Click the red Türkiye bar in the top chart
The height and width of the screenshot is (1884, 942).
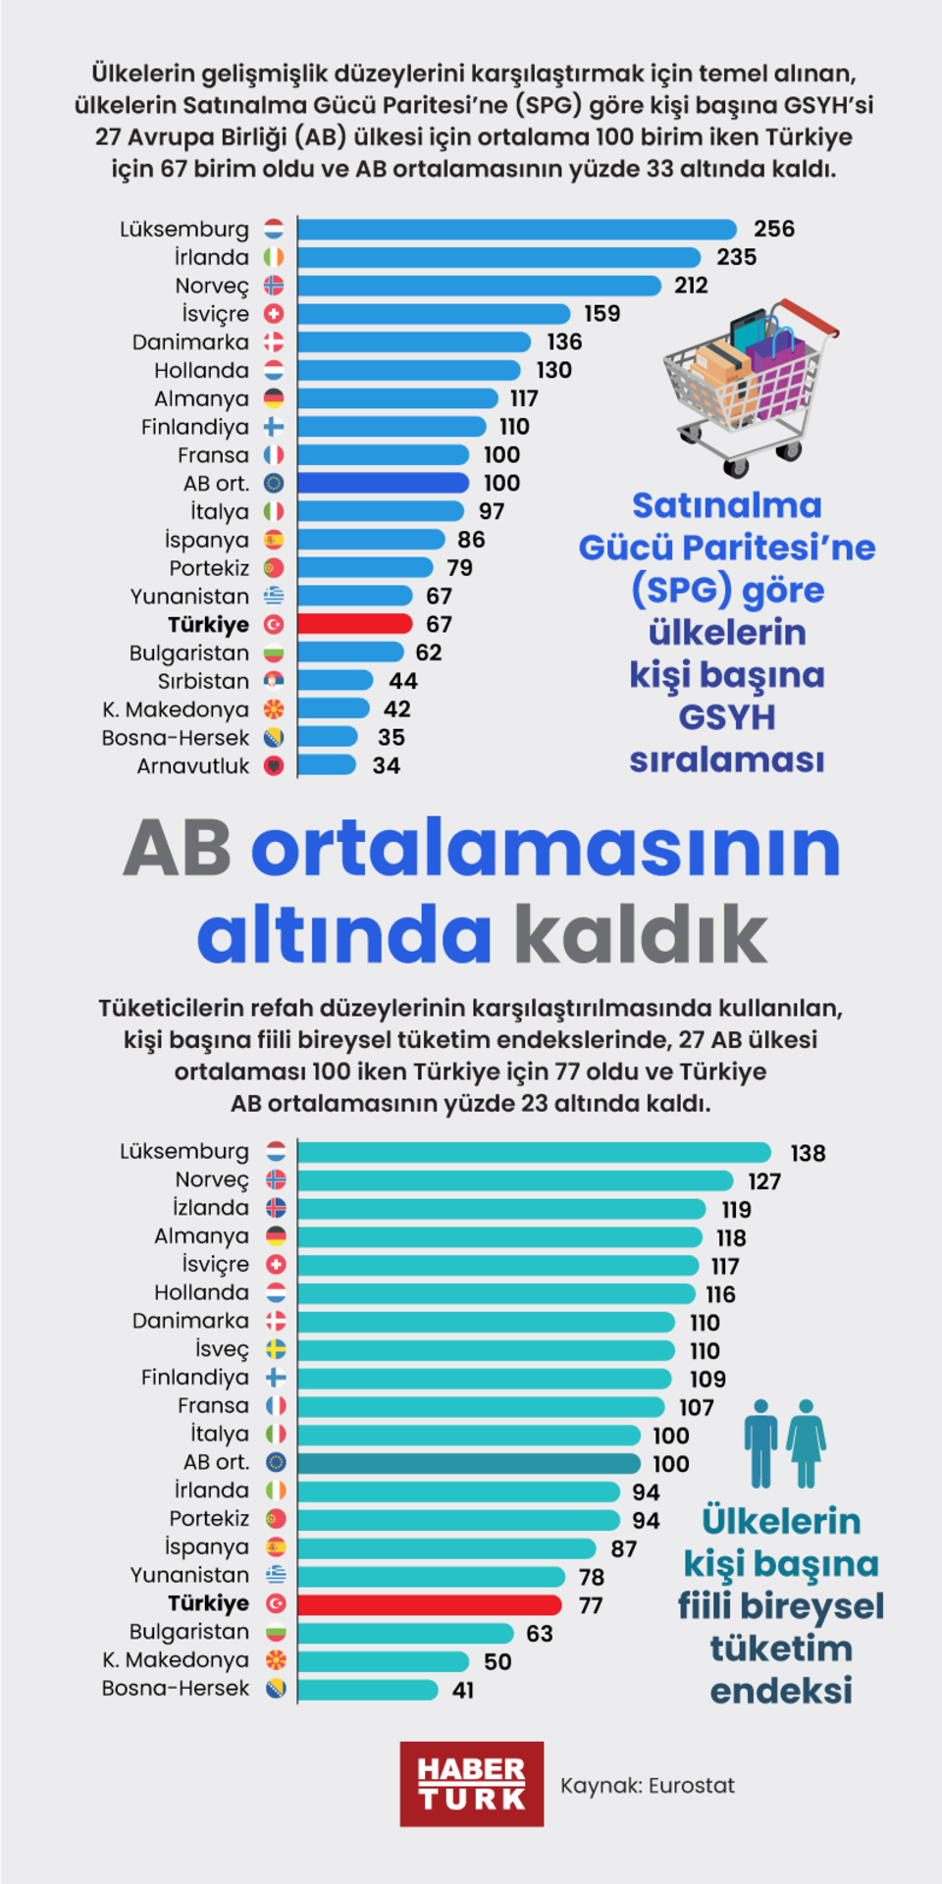[x=355, y=624]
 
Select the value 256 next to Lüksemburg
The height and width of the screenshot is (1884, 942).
[x=773, y=229]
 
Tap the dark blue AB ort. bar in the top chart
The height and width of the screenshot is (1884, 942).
[x=383, y=483]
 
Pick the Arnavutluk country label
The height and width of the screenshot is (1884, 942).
[x=193, y=766]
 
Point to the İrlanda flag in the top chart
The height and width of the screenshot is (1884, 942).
[x=274, y=257]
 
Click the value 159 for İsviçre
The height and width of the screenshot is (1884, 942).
[x=602, y=314]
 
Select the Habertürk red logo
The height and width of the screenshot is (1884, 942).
[x=471, y=1784]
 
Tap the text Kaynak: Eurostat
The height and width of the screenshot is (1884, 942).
[x=647, y=1785]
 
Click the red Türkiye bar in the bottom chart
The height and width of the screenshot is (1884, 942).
[x=429, y=1604]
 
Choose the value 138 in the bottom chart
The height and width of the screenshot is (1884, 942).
[x=808, y=1153]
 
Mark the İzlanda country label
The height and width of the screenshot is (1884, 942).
[x=211, y=1208]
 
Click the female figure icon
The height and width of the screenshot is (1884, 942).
[x=806, y=1442]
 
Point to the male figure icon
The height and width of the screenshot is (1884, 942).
[x=759, y=1442]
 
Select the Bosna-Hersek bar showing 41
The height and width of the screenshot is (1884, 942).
[x=367, y=1690]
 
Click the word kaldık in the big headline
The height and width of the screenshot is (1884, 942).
[x=641, y=934]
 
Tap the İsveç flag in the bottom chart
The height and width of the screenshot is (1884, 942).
[x=277, y=1349]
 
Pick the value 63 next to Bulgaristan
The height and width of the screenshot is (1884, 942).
[x=539, y=1634]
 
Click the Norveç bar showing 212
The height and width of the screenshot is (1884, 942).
[x=479, y=286]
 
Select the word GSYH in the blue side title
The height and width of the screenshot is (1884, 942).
[x=726, y=717]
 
